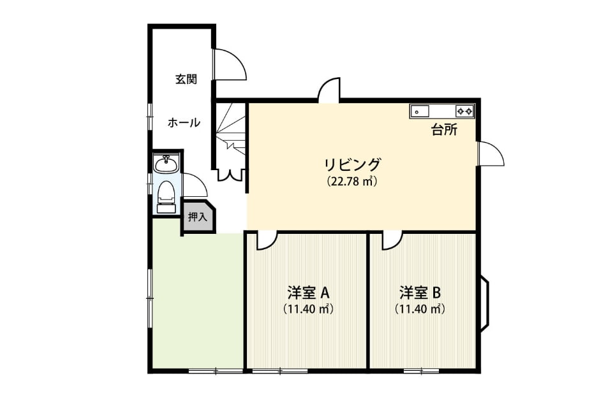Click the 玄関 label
click(x=186, y=79)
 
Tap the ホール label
click(x=184, y=123)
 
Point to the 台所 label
click(x=445, y=130)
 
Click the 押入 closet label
click(x=198, y=217)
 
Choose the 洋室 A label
click(x=308, y=292)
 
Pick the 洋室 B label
click(x=420, y=292)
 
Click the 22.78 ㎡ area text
click(x=351, y=181)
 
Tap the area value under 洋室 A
click(x=308, y=309)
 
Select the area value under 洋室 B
click(x=420, y=309)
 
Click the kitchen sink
click(x=420, y=112)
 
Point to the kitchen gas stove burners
click(x=464, y=112)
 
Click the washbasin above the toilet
click(x=166, y=164)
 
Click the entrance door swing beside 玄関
click(x=230, y=64)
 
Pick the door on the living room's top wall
click(x=329, y=90)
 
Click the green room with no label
click(x=197, y=301)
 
